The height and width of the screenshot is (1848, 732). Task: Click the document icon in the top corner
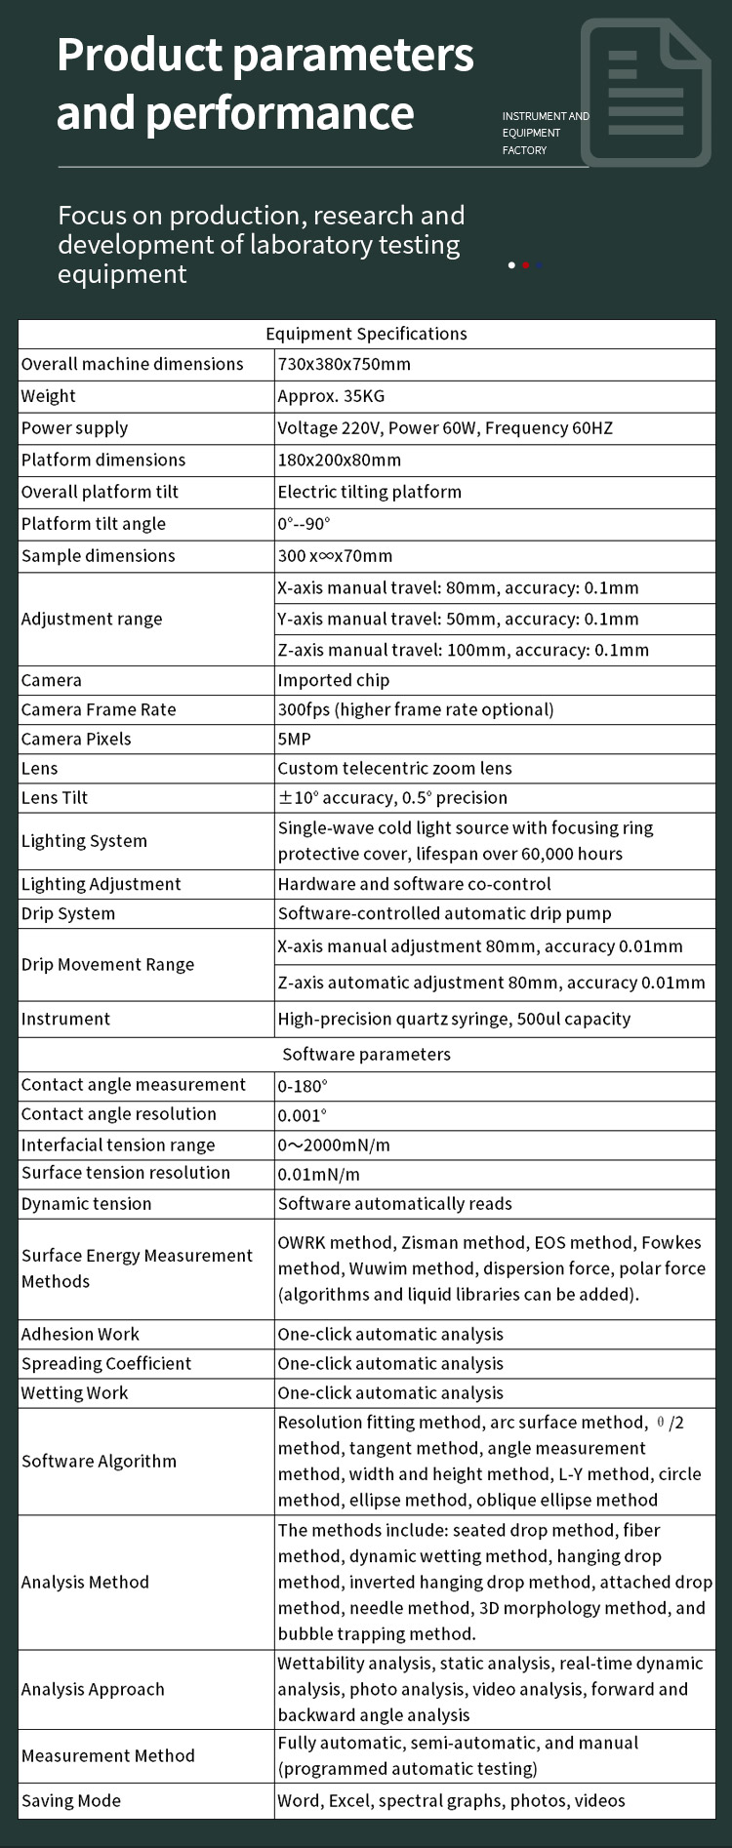pos(645,93)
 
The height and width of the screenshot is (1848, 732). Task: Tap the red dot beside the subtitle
pos(525,264)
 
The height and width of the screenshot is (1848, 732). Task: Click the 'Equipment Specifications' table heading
pos(366,334)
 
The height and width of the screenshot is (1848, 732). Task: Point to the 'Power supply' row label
pos(74,427)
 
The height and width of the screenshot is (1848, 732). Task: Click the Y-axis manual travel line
pos(458,619)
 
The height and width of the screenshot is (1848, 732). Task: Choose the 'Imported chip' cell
pos(333,680)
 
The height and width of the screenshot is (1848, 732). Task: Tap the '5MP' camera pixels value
pos(294,739)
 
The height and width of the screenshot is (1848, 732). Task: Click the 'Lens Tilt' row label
pos(55,797)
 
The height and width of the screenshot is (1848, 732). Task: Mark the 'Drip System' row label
pos(68,913)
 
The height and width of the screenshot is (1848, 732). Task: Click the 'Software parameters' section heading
pos(366,1054)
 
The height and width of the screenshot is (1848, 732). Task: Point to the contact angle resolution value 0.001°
pos(302,1115)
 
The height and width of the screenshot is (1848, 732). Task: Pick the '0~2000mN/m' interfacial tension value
pos(333,1145)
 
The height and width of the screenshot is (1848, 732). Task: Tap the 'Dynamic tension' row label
pos(86,1203)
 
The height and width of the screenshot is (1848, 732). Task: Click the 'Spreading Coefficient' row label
pos(106,1363)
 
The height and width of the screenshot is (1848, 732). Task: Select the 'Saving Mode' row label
pos(71,1800)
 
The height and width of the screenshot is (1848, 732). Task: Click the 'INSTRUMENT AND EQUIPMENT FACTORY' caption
pos(545,133)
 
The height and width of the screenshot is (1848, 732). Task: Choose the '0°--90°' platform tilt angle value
pos(304,524)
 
